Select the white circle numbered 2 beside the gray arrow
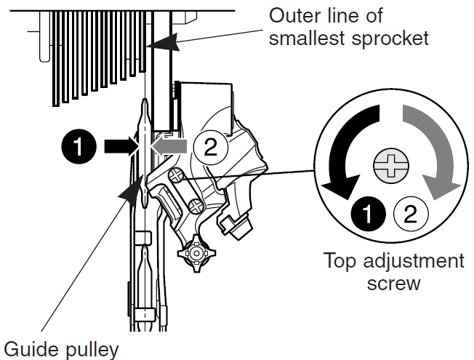(x=209, y=148)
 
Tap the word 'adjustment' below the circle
(x=411, y=260)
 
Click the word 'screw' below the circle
(x=393, y=282)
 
